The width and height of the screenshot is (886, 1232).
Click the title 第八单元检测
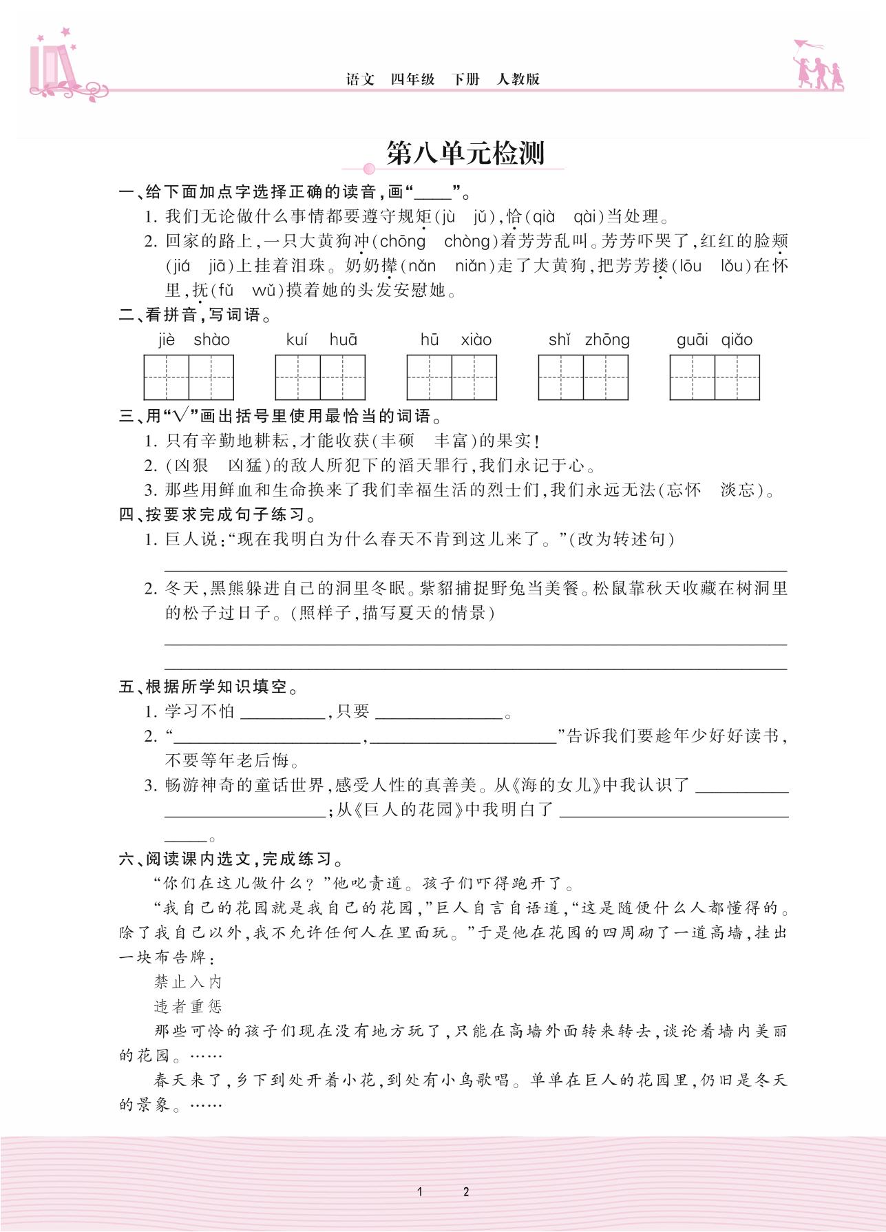[x=465, y=154]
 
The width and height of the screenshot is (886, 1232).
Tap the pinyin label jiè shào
[x=193, y=340]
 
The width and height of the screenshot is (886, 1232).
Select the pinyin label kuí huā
[x=321, y=340]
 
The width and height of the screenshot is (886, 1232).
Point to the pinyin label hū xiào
[x=456, y=340]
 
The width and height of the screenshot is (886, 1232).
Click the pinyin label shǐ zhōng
[x=589, y=340]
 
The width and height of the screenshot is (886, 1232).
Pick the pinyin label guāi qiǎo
[x=715, y=340]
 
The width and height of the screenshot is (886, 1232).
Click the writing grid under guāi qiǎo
[x=715, y=377]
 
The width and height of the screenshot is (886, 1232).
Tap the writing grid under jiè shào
[x=189, y=377]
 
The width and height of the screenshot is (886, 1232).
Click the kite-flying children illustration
[x=818, y=65]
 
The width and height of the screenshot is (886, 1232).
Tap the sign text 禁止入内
[x=188, y=982]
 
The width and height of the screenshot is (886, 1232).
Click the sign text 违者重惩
[x=188, y=1007]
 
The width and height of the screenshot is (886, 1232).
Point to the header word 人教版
[x=518, y=79]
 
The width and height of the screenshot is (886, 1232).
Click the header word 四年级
[x=413, y=79]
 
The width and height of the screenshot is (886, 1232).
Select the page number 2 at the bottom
[x=466, y=1192]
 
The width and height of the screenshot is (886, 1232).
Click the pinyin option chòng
[x=467, y=242]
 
